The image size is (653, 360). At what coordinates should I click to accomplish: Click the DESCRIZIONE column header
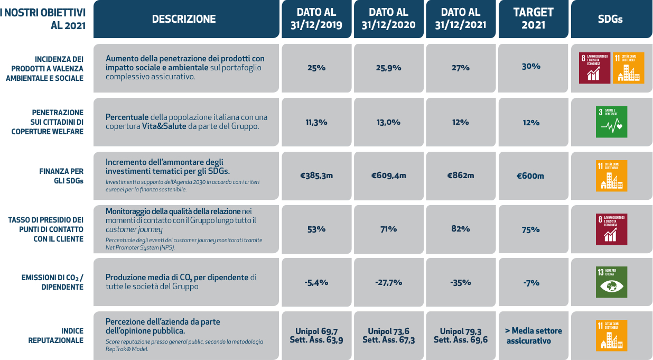tap(184, 19)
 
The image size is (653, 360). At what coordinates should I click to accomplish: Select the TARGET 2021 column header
tap(533, 19)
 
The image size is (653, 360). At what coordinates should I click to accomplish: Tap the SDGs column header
tap(610, 19)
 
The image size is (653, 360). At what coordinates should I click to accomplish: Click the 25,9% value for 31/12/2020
tap(388, 68)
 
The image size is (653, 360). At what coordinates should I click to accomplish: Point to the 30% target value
tap(531, 67)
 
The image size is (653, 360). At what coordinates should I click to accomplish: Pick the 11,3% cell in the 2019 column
tap(316, 122)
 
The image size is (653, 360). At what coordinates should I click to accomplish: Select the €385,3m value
tap(316, 176)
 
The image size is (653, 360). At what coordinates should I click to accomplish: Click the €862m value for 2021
tap(461, 176)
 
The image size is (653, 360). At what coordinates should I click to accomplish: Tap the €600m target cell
tap(530, 176)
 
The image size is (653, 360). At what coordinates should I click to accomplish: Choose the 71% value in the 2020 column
tap(388, 229)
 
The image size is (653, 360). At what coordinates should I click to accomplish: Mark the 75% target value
tap(531, 229)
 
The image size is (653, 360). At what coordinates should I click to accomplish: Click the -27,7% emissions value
tap(388, 282)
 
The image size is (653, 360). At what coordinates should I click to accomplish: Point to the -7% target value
tap(531, 283)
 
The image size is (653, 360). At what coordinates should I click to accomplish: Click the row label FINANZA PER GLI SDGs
tap(61, 176)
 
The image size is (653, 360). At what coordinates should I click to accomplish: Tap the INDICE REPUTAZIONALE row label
tap(56, 336)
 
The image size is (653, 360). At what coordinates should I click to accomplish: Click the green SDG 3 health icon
tap(611, 122)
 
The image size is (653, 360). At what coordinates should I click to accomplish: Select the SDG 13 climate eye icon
tap(611, 282)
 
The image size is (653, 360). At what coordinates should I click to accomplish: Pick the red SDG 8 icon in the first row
tap(594, 68)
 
